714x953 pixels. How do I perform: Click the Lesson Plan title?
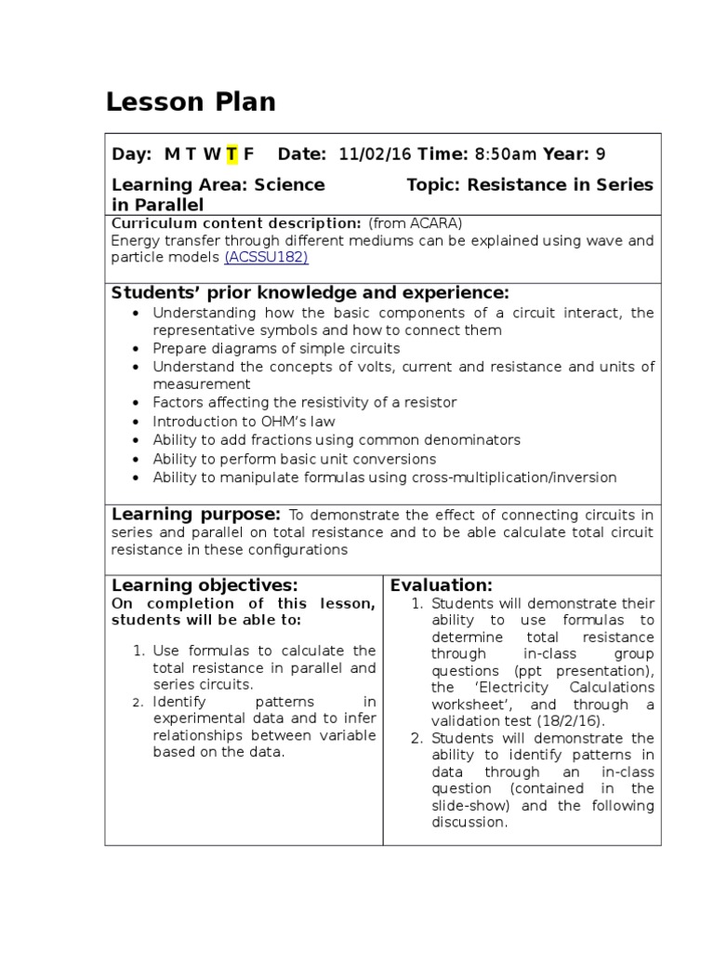[191, 102]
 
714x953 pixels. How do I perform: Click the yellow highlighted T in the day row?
[231, 154]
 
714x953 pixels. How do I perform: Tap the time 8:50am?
[506, 154]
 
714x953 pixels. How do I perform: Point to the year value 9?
[601, 154]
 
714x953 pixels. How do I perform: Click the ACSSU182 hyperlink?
[266, 257]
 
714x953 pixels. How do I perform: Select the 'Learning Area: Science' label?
[218, 184]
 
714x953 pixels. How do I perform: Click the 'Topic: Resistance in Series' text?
[529, 184]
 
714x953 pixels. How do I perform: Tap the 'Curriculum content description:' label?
[236, 223]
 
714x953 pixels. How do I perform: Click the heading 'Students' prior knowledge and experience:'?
[311, 292]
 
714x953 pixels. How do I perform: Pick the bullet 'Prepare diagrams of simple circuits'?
[276, 348]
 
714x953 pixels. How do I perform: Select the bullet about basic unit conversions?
[294, 459]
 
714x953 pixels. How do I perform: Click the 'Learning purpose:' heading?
[195, 515]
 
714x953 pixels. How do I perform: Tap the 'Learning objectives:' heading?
[205, 585]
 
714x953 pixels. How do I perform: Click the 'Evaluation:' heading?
[441, 585]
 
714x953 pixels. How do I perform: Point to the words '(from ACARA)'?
[415, 223]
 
